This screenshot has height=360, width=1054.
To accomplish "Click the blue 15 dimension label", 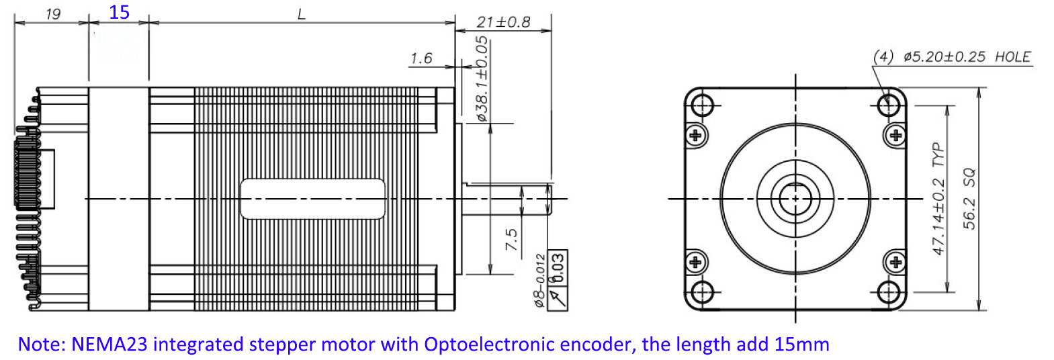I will [119, 12].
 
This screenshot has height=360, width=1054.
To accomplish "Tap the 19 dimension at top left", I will [52, 13].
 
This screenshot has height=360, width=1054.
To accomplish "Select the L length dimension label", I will [302, 13].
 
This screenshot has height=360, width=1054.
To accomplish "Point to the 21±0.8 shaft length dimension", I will [503, 22].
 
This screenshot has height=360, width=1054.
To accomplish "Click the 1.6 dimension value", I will [421, 58].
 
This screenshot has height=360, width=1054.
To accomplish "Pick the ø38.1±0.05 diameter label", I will [482, 79].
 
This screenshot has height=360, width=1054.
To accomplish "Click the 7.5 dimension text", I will [511, 240].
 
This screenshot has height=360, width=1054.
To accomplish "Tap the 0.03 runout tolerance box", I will [558, 268].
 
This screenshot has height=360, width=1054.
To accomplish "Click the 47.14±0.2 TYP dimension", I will [938, 199].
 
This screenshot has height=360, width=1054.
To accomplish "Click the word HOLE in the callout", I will [1012, 57].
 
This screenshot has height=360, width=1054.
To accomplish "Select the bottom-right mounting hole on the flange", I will [889, 292].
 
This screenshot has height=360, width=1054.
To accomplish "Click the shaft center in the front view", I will [796, 198].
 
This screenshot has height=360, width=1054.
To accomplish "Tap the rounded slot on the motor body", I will [312, 199].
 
